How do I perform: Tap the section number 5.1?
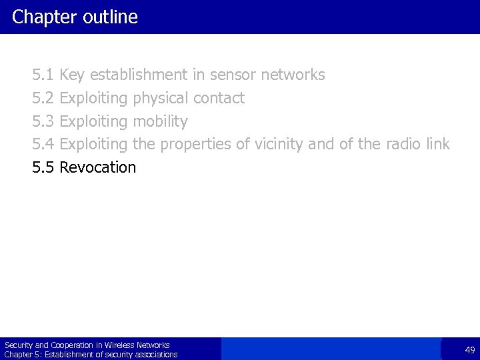tap(43, 75)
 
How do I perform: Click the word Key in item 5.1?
tap(73, 75)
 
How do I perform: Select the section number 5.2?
tap(43, 99)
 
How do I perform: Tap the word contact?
tap(219, 99)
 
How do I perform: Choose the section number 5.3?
tap(43, 121)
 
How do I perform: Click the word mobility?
tap(160, 121)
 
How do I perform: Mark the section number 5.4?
tap(43, 144)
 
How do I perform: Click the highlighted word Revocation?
tap(97, 167)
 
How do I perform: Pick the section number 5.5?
tap(43, 167)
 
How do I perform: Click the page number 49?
tap(469, 349)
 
